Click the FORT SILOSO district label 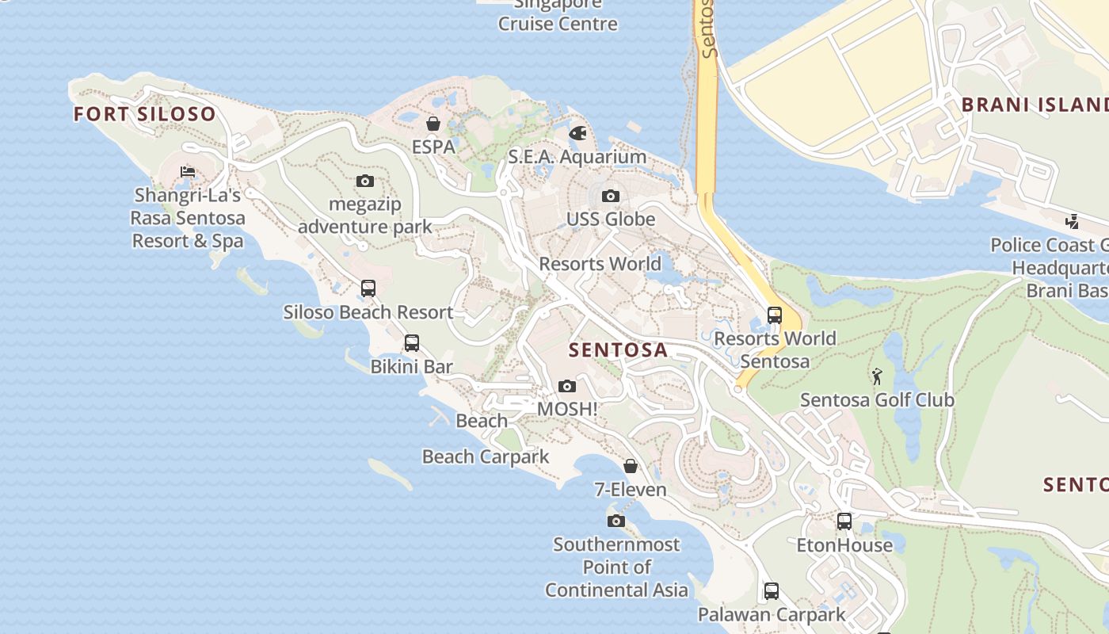pyautogui.click(x=144, y=114)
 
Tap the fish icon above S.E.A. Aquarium pyautogui.click(x=578, y=133)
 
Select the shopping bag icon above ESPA pyautogui.click(x=433, y=124)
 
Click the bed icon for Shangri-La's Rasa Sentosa pyautogui.click(x=188, y=171)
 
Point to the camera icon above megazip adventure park pyautogui.click(x=365, y=181)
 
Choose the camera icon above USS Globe pyautogui.click(x=610, y=196)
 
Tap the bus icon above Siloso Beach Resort pyautogui.click(x=368, y=288)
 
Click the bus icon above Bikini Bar pyautogui.click(x=412, y=343)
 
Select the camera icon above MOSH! pyautogui.click(x=567, y=386)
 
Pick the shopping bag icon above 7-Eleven pyautogui.click(x=631, y=466)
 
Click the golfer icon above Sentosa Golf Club pyautogui.click(x=877, y=376)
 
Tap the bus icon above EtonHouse pyautogui.click(x=844, y=521)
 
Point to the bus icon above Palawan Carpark pyautogui.click(x=772, y=591)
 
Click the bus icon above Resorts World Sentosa pyautogui.click(x=775, y=315)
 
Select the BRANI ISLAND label pyautogui.click(x=1035, y=105)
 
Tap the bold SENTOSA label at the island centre pyautogui.click(x=619, y=349)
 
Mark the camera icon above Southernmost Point pyautogui.click(x=616, y=521)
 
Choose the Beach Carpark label pyautogui.click(x=486, y=456)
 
